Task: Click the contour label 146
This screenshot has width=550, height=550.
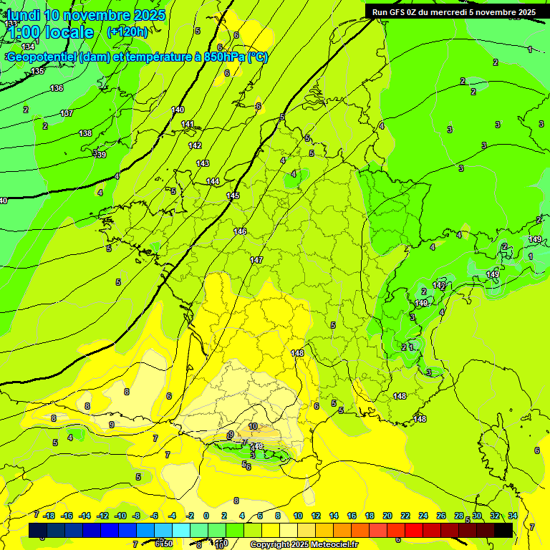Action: tap(240, 231)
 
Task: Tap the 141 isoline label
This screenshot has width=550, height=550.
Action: tap(188, 125)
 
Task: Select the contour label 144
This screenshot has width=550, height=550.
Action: tap(213, 181)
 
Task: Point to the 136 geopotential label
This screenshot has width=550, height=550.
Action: tap(57, 88)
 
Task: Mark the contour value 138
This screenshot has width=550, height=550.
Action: tap(85, 133)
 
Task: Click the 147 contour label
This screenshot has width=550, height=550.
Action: tap(256, 260)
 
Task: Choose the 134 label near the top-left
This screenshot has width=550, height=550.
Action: tap(28, 47)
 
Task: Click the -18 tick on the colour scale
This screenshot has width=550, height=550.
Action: tap(49, 516)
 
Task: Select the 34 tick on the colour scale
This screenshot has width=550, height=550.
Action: tap(513, 516)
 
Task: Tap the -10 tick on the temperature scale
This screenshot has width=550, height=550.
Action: tap(121, 516)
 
